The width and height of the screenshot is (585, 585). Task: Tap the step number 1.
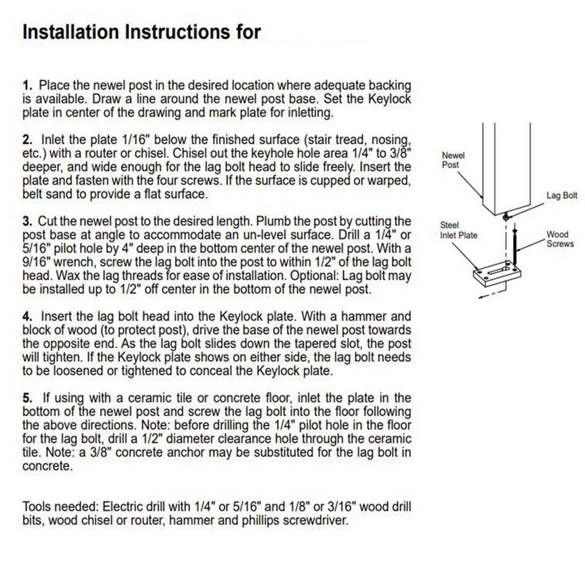[27, 86]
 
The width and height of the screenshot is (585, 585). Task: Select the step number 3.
[27, 222]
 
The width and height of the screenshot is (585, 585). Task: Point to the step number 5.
[27, 398]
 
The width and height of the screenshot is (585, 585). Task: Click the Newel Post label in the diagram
[453, 160]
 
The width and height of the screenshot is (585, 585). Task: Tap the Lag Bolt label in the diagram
[562, 195]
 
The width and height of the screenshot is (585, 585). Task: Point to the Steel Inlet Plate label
[458, 230]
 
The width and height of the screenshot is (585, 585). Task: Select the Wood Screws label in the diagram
[560, 239]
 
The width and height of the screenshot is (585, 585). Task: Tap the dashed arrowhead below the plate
[481, 295]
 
